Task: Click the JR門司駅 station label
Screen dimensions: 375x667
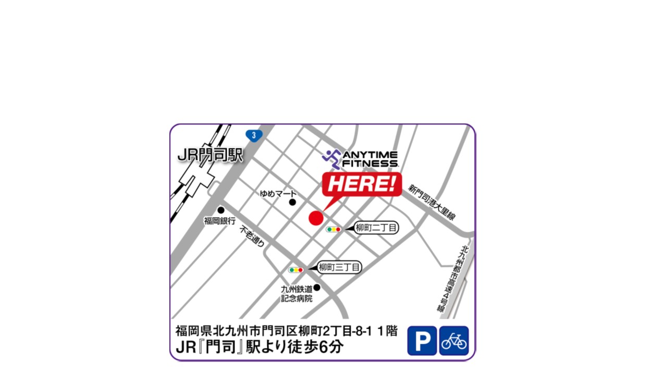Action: click(x=211, y=155)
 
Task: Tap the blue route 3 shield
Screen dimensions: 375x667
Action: click(x=254, y=135)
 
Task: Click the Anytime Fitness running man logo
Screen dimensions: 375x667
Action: click(x=331, y=158)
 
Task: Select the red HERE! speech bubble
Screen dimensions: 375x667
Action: click(x=362, y=184)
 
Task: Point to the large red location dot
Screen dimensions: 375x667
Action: click(x=316, y=218)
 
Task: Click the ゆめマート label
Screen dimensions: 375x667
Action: click(x=278, y=194)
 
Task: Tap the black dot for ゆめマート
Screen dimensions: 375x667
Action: click(x=292, y=202)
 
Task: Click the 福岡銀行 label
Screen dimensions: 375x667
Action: click(x=220, y=221)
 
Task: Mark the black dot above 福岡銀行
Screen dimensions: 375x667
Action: click(x=221, y=210)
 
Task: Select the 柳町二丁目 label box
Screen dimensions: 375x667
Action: click(x=376, y=228)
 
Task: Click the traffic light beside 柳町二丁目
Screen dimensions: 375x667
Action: click(x=333, y=229)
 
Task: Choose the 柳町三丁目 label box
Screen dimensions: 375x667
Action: click(x=339, y=268)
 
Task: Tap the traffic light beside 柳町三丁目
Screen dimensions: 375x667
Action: click(x=296, y=270)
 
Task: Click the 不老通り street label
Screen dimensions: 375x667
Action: click(x=252, y=236)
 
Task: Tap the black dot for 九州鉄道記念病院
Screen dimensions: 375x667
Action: click(x=317, y=287)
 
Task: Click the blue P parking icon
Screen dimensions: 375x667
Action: click(x=422, y=341)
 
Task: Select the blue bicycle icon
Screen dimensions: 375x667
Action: click(x=454, y=341)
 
